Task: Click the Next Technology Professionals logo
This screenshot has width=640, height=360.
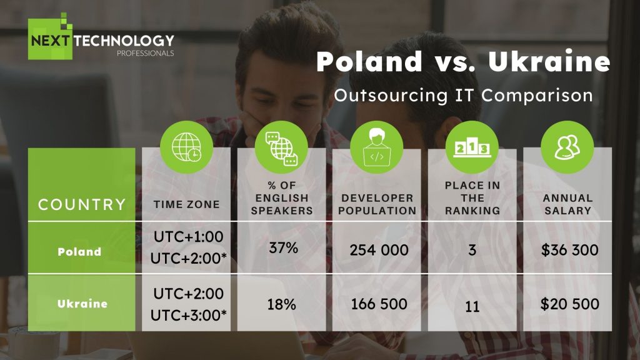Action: (101, 37)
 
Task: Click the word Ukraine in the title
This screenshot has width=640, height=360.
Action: (549, 61)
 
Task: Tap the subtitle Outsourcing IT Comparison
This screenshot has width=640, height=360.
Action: (463, 95)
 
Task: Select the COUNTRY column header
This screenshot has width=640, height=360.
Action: (82, 204)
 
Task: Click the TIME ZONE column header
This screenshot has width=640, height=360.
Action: (186, 204)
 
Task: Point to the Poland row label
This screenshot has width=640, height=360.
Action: (79, 251)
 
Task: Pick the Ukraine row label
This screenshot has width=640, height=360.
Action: (82, 304)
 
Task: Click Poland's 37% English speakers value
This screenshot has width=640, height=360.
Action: (283, 247)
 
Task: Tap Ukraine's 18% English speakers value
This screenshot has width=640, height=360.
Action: (282, 304)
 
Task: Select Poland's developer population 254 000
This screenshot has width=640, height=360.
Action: (379, 250)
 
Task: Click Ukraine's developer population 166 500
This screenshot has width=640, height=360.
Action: (379, 304)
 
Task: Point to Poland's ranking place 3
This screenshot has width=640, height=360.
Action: (472, 250)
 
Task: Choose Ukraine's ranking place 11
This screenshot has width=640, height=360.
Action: (472, 306)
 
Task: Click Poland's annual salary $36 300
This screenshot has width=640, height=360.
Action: (569, 250)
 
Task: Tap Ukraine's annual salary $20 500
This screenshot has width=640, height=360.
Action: (570, 304)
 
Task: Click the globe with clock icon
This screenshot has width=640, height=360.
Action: (186, 147)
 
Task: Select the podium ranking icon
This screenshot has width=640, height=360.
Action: (472, 147)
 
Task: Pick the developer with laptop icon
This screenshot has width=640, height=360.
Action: (377, 147)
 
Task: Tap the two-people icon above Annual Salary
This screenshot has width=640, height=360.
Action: (567, 147)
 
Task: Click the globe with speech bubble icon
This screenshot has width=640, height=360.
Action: (281, 147)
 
